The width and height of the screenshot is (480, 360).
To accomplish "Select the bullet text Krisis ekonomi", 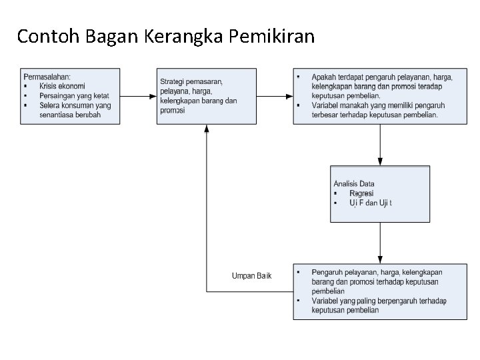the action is click(62, 86).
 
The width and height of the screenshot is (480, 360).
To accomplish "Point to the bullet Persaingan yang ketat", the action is click(74, 95).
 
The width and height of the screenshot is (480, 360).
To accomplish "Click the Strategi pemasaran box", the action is click(206, 96).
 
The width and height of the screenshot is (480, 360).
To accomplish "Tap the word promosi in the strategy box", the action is click(172, 111).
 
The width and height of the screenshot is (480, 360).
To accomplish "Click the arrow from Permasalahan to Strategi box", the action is click(138, 96).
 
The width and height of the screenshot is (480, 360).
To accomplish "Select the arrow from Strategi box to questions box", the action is click(274, 96).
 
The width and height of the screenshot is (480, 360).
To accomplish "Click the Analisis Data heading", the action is click(353, 184).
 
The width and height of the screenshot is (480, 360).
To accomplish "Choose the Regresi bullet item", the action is click(361, 193).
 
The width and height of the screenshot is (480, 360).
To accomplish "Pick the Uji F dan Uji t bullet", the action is click(371, 203).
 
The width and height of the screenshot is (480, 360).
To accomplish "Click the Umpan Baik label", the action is click(251, 276).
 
